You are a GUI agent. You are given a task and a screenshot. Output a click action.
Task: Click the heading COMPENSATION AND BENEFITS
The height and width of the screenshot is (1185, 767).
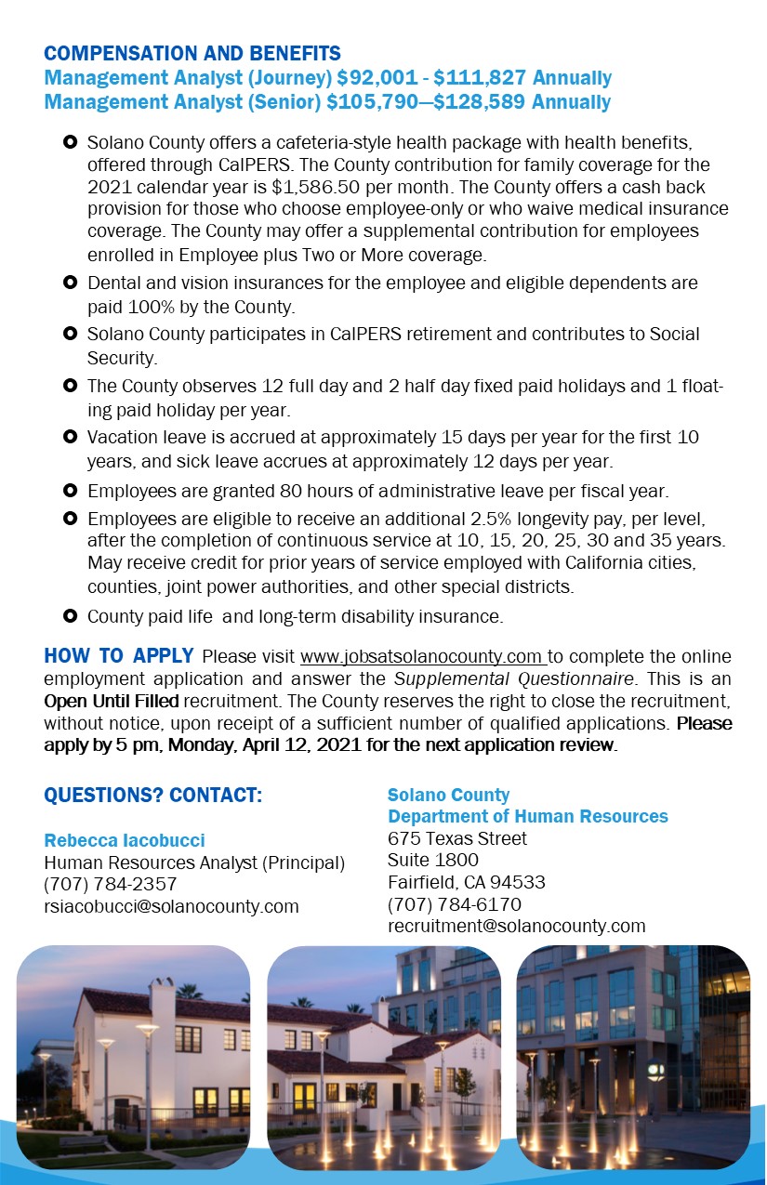(192, 54)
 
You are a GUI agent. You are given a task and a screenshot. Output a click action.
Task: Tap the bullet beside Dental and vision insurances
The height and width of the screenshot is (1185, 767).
(70, 283)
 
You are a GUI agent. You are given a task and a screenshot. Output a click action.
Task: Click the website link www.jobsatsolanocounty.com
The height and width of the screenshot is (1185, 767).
(423, 658)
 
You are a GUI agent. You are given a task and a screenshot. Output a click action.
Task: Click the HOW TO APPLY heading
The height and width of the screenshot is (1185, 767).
(119, 657)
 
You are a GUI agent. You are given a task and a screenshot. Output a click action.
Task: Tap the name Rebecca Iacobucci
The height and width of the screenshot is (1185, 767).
(125, 840)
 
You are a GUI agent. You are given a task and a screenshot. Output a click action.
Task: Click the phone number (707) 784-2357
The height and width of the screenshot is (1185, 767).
(111, 884)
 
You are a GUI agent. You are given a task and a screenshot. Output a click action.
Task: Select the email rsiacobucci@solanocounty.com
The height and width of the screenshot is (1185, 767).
(172, 906)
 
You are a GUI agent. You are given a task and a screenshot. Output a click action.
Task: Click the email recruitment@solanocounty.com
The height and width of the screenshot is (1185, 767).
(516, 926)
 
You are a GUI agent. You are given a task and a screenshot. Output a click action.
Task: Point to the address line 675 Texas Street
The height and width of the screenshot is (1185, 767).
(456, 838)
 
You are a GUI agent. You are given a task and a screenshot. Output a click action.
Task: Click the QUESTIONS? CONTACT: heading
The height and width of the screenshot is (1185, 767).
(153, 796)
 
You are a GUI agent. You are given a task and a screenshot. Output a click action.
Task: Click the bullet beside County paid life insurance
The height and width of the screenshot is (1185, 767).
(70, 616)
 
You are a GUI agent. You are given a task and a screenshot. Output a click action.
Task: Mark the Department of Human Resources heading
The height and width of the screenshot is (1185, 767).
(527, 817)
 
